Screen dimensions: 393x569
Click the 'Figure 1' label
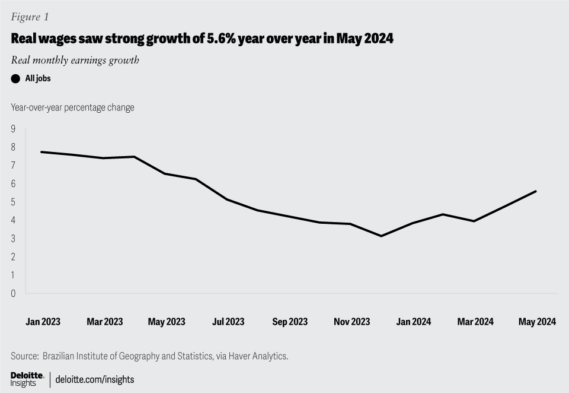(x=30, y=17)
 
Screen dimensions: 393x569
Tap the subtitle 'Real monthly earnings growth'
(x=75, y=60)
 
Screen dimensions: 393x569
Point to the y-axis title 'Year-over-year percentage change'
(x=72, y=107)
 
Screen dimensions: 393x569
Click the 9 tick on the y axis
(x=13, y=128)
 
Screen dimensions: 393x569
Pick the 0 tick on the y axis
(x=13, y=293)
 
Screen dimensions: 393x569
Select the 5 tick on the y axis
(x=13, y=202)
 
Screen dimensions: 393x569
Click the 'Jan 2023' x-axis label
(x=43, y=322)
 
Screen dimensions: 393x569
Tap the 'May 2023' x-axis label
(x=167, y=322)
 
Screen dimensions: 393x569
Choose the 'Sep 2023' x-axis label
(x=290, y=322)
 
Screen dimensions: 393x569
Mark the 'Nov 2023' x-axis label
(x=351, y=322)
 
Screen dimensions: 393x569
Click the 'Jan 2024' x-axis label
(x=413, y=322)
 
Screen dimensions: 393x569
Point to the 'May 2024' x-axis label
(x=537, y=322)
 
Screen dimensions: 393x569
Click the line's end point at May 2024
(x=536, y=191)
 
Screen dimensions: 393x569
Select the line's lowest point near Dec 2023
(x=381, y=236)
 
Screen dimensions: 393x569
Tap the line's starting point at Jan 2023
(x=41, y=152)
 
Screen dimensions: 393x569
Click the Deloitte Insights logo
(x=27, y=379)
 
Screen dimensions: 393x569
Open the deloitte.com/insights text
(x=95, y=379)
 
